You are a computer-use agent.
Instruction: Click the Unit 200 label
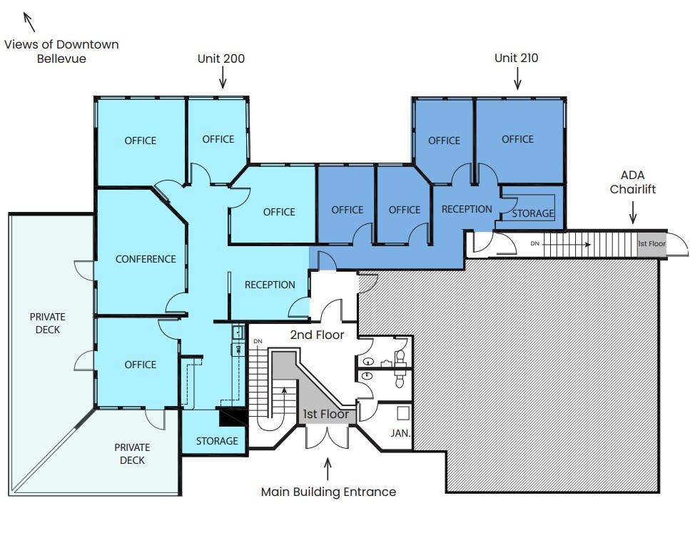220,59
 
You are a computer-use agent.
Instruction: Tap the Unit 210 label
516,58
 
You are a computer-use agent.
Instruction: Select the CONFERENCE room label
146,259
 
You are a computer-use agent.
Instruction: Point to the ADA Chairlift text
638,183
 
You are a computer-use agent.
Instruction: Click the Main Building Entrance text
328,492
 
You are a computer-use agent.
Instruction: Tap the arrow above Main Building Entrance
328,469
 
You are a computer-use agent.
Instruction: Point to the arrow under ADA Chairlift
632,212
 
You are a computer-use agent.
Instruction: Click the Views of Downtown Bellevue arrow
31,21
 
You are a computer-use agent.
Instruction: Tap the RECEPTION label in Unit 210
467,209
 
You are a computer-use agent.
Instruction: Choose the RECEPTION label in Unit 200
270,285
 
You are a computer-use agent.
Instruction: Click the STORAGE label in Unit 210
532,213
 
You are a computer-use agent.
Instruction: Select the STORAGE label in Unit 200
217,441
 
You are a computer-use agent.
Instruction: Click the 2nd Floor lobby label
317,335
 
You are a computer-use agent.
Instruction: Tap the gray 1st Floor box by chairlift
651,244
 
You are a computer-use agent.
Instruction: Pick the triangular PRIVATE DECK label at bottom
132,454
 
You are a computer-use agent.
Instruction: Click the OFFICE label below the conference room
140,365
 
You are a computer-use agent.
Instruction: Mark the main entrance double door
327,436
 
